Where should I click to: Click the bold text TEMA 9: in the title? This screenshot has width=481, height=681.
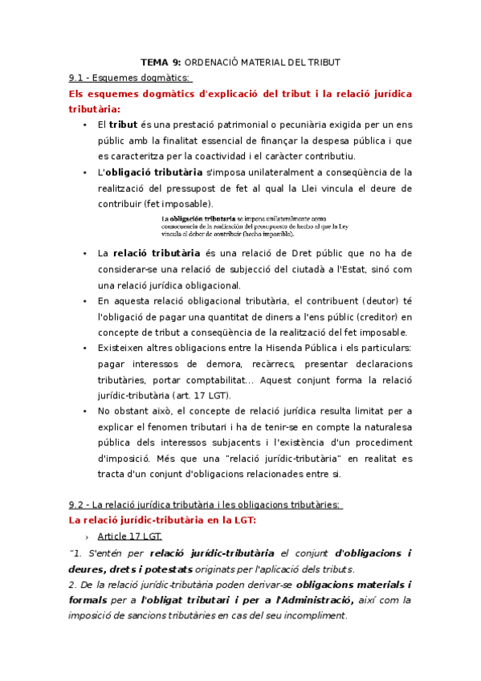(x=161, y=62)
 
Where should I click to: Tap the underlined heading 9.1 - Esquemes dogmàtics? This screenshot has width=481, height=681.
(x=130, y=78)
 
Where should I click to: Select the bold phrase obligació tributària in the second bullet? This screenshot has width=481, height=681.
(x=153, y=172)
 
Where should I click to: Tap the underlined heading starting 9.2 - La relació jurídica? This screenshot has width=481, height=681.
(x=206, y=504)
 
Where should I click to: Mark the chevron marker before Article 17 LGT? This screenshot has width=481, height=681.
(x=86, y=536)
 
